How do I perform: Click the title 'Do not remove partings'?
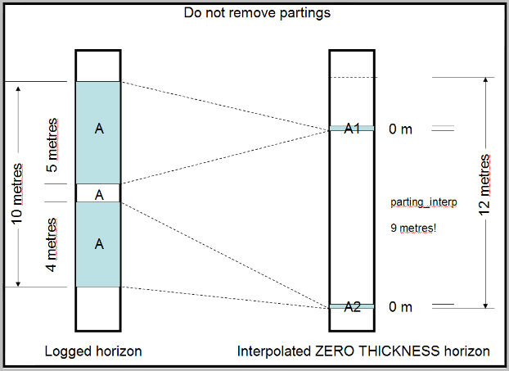point(256,12)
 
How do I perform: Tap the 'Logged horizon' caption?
point(93,351)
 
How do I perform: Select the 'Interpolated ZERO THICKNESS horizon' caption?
point(363,351)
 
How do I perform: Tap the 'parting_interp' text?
point(423,201)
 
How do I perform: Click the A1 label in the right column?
point(352,129)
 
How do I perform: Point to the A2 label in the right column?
point(352,307)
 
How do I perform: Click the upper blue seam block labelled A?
point(98,131)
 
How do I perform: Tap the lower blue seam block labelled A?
point(98,244)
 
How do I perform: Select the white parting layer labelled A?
point(98,194)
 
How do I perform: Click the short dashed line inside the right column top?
point(352,78)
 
